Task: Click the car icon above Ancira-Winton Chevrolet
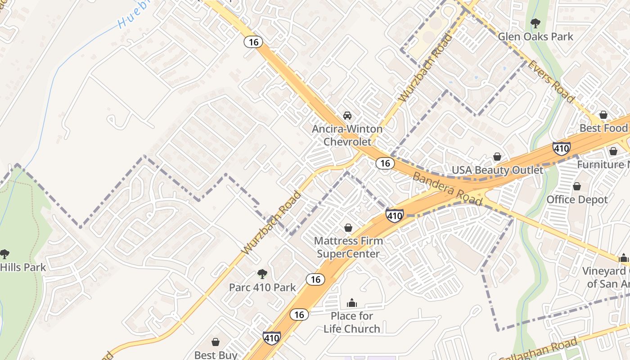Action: point(347,115)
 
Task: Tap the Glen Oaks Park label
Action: point(535,36)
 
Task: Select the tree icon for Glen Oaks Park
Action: point(535,23)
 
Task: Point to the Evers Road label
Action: point(551,81)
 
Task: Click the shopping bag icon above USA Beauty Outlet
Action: point(497,157)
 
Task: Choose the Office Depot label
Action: point(577,199)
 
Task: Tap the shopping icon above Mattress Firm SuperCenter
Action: point(348,228)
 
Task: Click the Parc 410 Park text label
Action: point(262,287)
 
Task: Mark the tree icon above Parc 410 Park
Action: point(262,274)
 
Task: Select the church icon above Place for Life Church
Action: point(352,303)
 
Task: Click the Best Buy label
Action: point(216,355)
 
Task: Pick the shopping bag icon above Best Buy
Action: point(216,342)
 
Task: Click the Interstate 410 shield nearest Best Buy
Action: point(272,338)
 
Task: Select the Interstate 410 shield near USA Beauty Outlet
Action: point(562,148)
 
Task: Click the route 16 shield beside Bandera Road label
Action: point(385,163)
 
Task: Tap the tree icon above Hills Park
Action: point(4,254)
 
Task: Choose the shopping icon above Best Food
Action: point(603,115)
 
